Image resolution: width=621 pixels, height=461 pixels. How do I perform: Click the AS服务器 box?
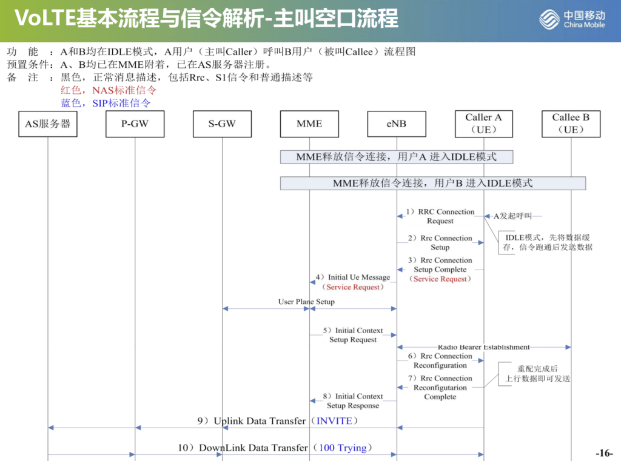tap(48, 124)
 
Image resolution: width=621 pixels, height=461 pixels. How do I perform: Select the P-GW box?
tap(135, 124)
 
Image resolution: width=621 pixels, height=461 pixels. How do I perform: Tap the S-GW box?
tap(222, 124)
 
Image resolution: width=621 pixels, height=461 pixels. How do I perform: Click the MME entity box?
tap(309, 124)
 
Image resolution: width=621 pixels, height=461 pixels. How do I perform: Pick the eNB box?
tap(397, 124)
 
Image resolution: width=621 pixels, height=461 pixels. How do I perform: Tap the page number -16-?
tap(604, 453)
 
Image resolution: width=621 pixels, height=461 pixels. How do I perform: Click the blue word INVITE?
tap(334, 420)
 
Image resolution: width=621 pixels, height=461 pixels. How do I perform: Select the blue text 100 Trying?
tap(343, 448)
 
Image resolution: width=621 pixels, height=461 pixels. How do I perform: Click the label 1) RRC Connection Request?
tap(440, 216)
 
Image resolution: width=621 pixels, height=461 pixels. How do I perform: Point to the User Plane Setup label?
tap(306, 302)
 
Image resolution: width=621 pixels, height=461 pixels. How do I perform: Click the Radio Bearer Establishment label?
tap(483, 347)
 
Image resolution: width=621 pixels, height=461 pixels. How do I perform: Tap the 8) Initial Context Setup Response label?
tap(353, 400)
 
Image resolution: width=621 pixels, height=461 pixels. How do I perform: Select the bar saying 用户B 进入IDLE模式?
tap(432, 183)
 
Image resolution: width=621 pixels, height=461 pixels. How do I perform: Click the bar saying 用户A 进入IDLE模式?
tap(397, 157)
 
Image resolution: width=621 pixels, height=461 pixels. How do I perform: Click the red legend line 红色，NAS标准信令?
tap(109, 90)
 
